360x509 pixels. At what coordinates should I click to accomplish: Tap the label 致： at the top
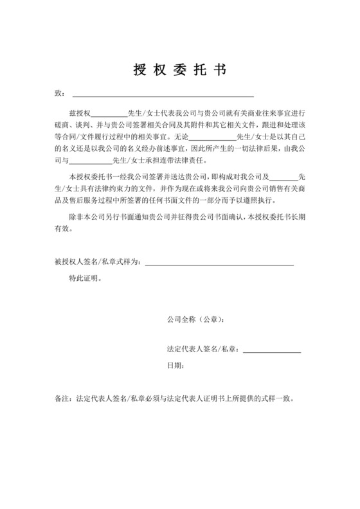point(60,94)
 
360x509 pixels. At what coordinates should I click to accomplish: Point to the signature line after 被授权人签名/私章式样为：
point(219,262)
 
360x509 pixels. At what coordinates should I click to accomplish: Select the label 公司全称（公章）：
point(195,319)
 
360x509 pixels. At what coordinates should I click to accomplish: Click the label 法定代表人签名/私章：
point(203,349)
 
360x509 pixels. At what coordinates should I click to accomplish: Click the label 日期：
point(175,366)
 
